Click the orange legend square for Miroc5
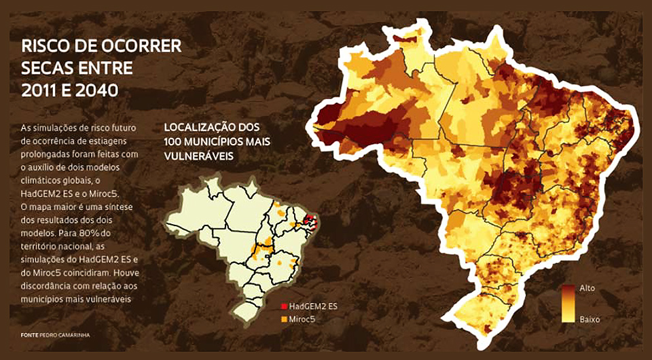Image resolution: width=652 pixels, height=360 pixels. (283, 318)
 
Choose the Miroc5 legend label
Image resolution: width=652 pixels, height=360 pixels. (303, 318)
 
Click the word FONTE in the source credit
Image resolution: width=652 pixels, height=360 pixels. (29, 335)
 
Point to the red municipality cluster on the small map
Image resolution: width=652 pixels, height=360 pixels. (310, 220)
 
